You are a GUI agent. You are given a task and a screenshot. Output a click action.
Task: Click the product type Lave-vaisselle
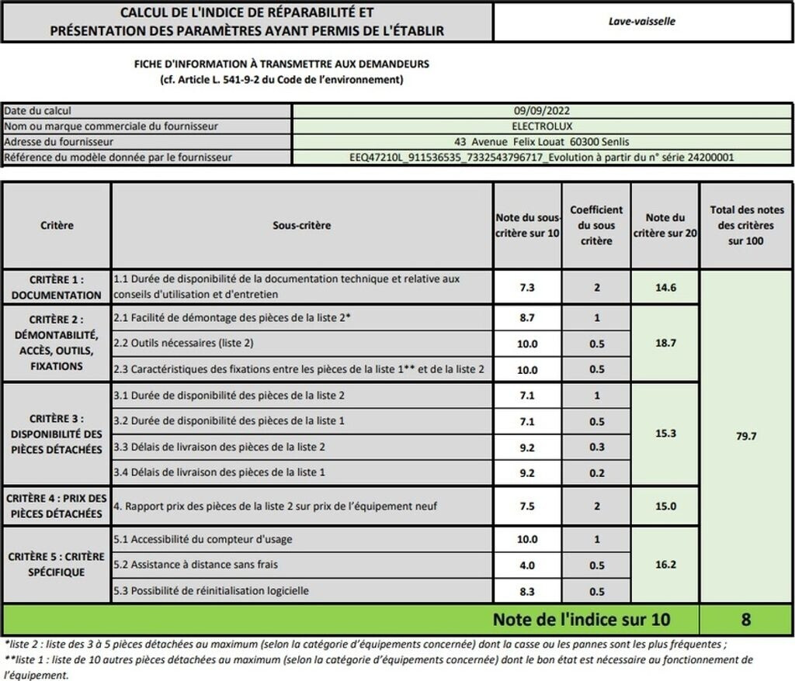point(641,22)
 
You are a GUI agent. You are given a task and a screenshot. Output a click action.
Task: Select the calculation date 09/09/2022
point(542,111)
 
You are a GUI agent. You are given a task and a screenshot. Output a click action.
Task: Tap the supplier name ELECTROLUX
point(542,126)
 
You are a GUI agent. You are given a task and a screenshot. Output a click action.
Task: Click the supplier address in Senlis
point(542,142)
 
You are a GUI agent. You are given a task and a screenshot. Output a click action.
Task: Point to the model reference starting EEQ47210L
point(542,157)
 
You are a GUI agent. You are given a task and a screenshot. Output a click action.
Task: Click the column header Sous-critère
point(301,226)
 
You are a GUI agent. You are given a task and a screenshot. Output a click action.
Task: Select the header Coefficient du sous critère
point(596,226)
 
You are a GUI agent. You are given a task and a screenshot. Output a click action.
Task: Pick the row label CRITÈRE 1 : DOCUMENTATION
point(56,287)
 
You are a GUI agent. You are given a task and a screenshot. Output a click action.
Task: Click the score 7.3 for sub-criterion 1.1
point(527,288)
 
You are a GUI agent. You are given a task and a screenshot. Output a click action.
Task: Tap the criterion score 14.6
point(665,288)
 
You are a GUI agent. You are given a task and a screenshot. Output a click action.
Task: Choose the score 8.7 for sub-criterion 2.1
point(527,319)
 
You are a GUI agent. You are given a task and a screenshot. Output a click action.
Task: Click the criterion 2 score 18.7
point(665,342)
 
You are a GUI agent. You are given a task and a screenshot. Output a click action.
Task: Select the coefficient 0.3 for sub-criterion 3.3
point(596,447)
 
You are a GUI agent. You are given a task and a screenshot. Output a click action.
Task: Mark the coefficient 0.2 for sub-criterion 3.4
point(596,472)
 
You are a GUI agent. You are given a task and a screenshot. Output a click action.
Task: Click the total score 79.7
point(746,437)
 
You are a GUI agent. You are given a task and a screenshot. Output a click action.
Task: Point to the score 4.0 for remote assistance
point(527,565)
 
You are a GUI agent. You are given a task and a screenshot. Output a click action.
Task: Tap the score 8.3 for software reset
point(527,591)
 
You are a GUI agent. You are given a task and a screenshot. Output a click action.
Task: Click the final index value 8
point(746,620)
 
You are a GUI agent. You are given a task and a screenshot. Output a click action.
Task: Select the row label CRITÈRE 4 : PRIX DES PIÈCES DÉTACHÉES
point(56,506)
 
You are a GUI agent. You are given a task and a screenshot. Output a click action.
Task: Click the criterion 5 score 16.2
point(665,565)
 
